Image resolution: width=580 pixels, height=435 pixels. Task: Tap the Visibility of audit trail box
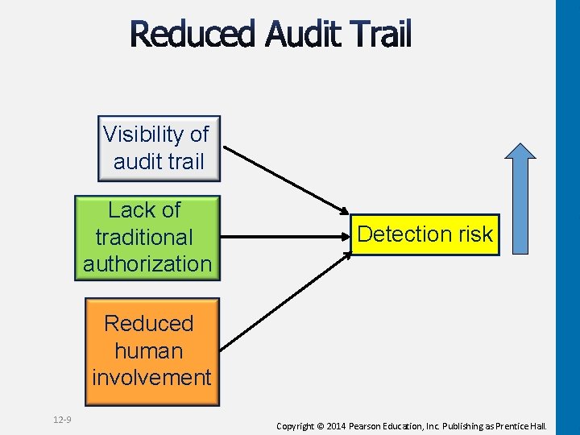[x=159, y=148]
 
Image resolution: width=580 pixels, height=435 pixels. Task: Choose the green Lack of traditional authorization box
[x=147, y=237]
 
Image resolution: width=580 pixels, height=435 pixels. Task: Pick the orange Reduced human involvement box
[x=151, y=350]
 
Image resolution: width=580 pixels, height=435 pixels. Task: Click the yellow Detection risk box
[x=425, y=234]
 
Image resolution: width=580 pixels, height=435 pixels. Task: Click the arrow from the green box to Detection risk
[x=282, y=238]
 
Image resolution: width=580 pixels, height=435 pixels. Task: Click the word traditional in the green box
[x=144, y=237]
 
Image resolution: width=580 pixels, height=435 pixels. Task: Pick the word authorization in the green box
[x=147, y=263]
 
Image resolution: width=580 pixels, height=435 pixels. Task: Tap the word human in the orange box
[x=149, y=350]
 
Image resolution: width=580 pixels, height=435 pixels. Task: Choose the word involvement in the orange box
[x=151, y=377]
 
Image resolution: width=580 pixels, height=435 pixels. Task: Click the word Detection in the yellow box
[x=404, y=234]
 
